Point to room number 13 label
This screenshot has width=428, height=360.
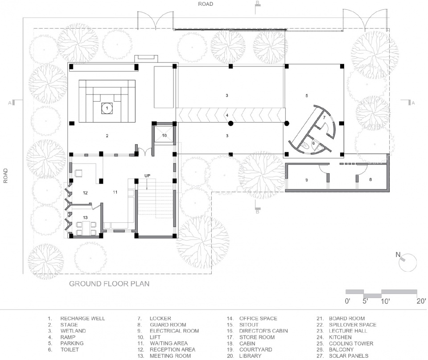(x=86, y=217)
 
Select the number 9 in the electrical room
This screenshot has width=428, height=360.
(x=307, y=180)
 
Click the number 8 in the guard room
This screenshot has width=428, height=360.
(x=370, y=180)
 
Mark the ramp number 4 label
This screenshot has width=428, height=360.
(x=227, y=115)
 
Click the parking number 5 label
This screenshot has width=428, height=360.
(x=307, y=95)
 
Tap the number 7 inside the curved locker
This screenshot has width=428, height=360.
(x=324, y=118)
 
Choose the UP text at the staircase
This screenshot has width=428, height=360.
(x=147, y=176)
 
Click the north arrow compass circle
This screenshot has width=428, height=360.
(x=408, y=262)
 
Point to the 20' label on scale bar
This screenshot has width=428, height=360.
(x=421, y=301)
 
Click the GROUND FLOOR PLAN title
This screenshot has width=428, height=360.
(x=109, y=284)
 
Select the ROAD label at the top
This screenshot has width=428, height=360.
(x=206, y=4)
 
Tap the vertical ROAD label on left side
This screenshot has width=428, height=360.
(x=5, y=176)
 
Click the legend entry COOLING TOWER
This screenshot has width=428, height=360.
(x=351, y=344)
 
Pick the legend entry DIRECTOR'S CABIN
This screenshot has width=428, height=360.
(x=263, y=331)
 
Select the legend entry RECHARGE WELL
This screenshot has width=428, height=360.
(x=82, y=318)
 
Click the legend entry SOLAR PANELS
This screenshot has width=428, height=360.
(x=349, y=356)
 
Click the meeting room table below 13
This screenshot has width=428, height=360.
(x=86, y=229)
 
